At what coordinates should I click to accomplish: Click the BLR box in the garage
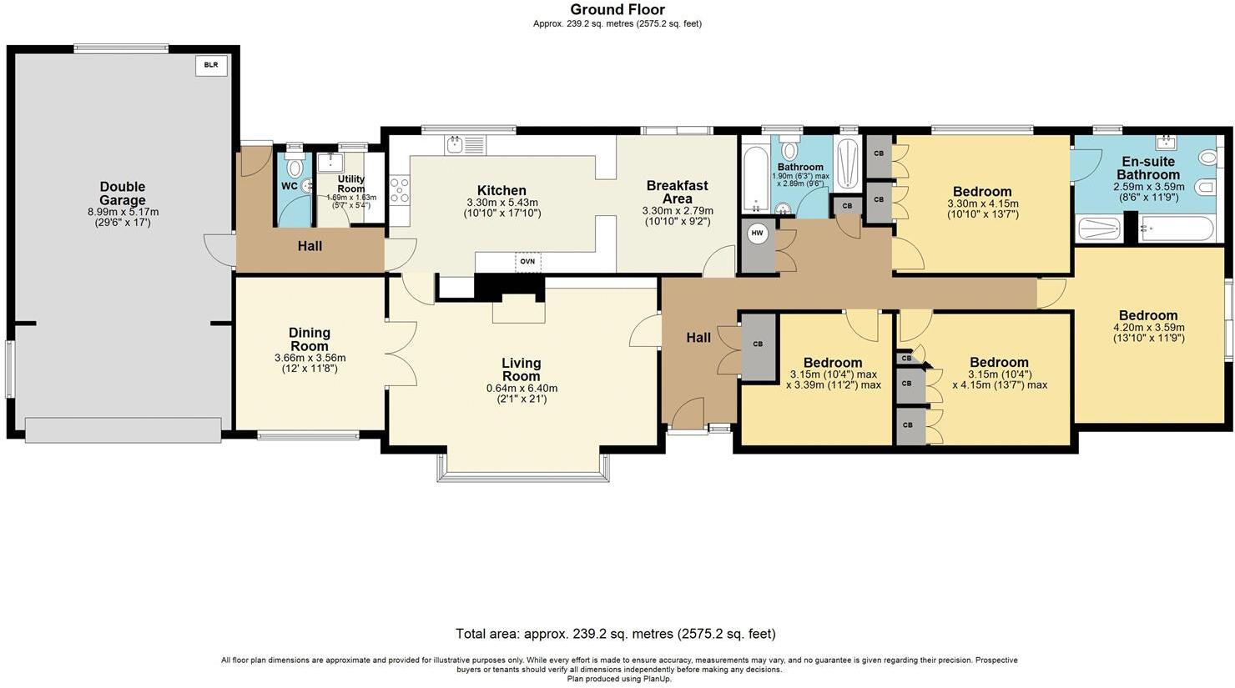click(211, 65)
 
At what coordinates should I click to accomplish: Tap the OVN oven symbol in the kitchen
click(527, 262)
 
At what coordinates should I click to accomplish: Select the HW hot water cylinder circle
click(758, 234)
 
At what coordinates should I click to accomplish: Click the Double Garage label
click(123, 193)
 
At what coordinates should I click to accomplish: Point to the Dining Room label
click(310, 339)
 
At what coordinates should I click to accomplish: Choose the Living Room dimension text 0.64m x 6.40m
click(522, 389)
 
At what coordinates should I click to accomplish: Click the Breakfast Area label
click(677, 192)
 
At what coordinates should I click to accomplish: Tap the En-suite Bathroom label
click(1148, 168)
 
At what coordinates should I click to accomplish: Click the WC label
click(289, 186)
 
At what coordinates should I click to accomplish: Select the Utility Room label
click(351, 184)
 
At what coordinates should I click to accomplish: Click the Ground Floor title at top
click(617, 10)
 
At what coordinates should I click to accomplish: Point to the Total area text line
click(616, 634)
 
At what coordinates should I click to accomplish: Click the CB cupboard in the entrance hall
click(758, 344)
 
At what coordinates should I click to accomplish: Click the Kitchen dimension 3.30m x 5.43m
click(502, 203)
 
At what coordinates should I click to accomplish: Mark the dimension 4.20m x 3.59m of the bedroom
click(1148, 328)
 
